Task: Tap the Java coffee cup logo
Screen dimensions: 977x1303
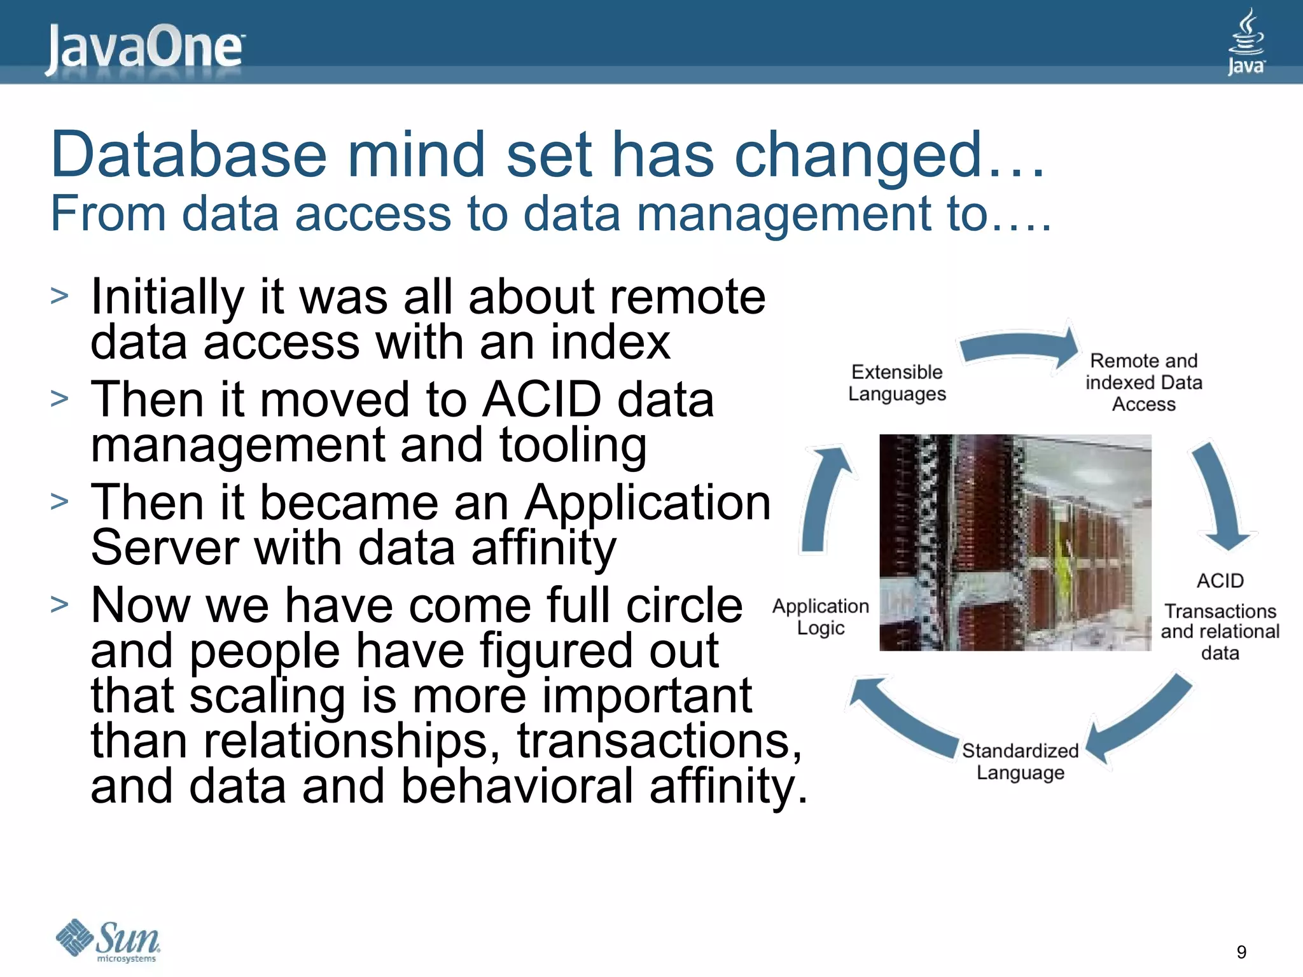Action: point(1246,41)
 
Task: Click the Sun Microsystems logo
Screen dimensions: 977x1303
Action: point(108,940)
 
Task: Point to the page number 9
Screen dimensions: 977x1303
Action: point(1241,952)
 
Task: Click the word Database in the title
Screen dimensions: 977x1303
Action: point(188,155)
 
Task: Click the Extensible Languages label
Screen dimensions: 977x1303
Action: point(896,383)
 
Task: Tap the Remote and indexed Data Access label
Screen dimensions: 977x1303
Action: point(1143,382)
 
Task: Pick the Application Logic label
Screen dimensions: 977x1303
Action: point(820,616)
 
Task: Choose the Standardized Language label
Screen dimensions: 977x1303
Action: point(1020,761)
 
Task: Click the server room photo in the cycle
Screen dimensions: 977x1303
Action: point(1015,543)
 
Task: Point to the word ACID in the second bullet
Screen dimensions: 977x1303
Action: point(542,400)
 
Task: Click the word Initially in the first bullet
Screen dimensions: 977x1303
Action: point(167,297)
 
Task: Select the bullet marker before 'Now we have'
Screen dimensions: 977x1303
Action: point(59,604)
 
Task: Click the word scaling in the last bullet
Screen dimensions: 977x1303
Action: point(267,696)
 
